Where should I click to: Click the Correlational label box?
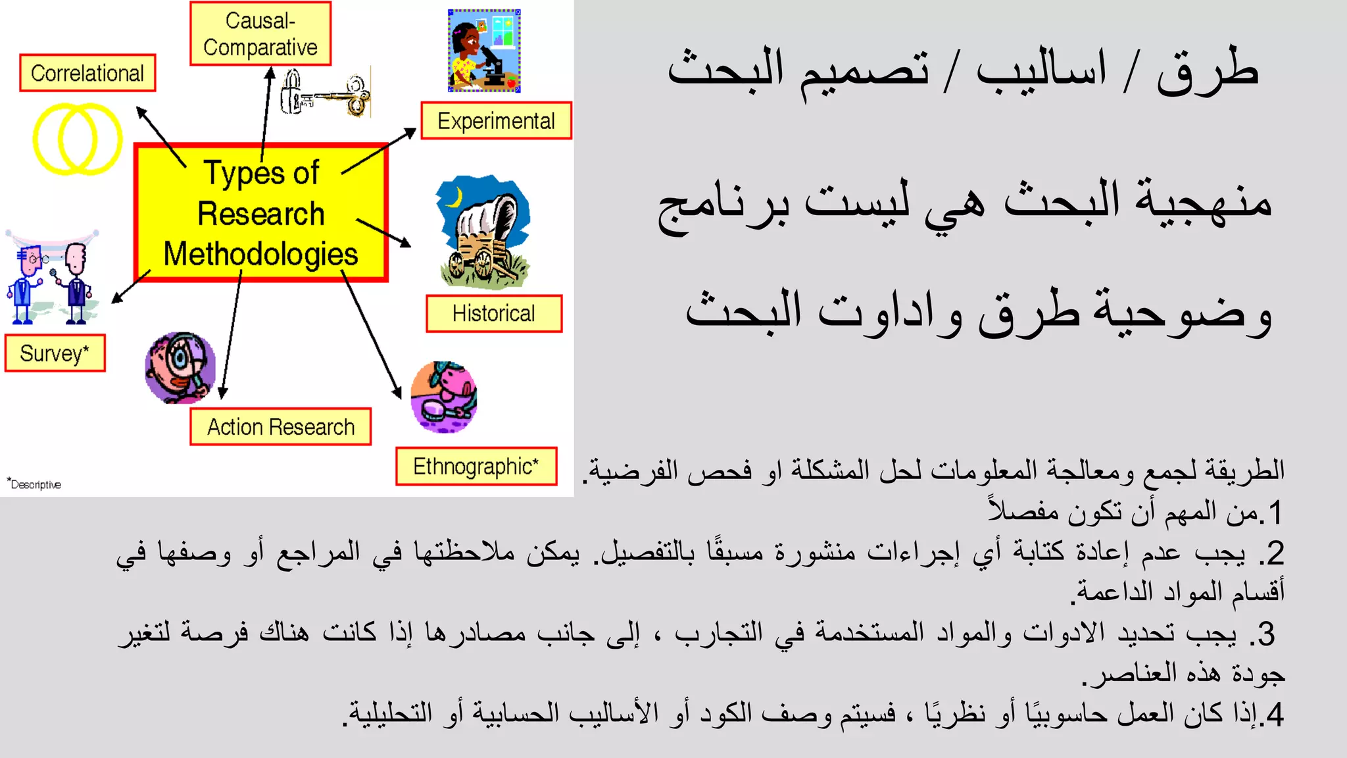click(87, 73)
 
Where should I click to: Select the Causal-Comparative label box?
click(260, 34)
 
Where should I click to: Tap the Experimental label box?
click(496, 121)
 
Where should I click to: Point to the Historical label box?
click(494, 314)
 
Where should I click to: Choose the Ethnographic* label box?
click(476, 467)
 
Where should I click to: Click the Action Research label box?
click(281, 427)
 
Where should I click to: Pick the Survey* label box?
click(55, 353)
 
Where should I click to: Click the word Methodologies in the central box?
click(260, 255)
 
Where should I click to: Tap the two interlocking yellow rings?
click(78, 139)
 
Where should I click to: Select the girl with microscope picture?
click(484, 51)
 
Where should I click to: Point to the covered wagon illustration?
click(483, 233)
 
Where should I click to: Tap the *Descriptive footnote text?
click(34, 484)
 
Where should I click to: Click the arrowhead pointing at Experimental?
click(410, 132)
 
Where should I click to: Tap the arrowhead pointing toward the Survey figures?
click(116, 299)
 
